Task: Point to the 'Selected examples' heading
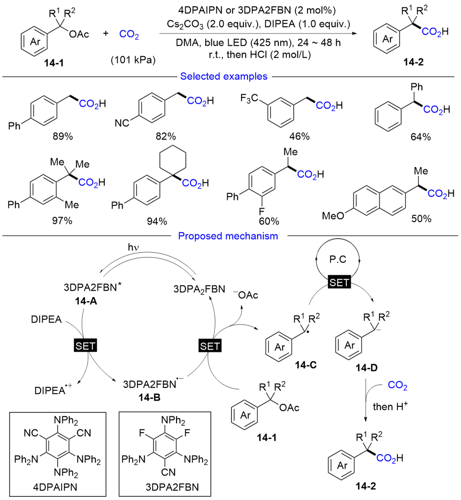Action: pyautogui.click(x=224, y=76)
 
